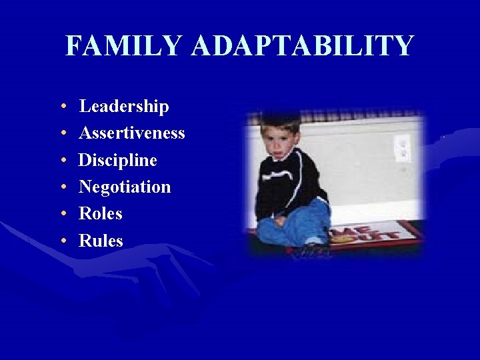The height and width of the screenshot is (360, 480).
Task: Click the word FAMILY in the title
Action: click(124, 46)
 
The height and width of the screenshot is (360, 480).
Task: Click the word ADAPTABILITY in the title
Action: click(302, 46)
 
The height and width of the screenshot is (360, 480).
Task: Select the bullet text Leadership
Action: click(124, 107)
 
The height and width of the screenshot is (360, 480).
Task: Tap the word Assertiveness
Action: click(132, 133)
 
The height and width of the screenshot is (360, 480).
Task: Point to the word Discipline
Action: click(118, 161)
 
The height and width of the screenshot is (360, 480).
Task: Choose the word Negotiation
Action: click(125, 187)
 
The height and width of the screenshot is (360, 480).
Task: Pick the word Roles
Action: click(101, 214)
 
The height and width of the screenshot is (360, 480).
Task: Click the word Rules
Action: click(101, 241)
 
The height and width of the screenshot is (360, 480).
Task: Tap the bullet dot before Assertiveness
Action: click(61, 134)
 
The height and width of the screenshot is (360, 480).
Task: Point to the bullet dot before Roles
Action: click(61, 215)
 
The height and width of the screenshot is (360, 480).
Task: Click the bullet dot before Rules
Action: click(61, 241)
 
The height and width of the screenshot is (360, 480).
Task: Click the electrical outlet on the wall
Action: click(401, 147)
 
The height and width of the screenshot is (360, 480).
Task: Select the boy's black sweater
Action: click(293, 183)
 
